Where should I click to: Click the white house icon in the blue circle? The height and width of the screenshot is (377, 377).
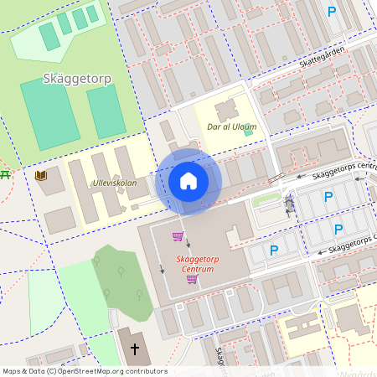click(x=188, y=180)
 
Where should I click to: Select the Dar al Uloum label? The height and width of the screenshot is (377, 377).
click(x=231, y=127)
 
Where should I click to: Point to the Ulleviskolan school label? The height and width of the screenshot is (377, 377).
click(x=115, y=182)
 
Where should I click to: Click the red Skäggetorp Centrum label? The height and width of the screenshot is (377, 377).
click(x=202, y=265)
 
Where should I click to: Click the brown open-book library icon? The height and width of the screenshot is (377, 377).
click(x=41, y=176)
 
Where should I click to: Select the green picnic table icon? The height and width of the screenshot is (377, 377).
click(x=4, y=174)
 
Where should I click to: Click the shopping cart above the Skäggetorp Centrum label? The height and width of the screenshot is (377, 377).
click(x=178, y=236)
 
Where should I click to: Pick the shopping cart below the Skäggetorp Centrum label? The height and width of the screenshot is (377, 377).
click(x=192, y=280)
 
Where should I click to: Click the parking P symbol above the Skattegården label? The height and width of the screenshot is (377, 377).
click(x=332, y=12)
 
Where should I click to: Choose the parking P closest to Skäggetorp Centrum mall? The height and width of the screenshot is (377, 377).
click(x=273, y=250)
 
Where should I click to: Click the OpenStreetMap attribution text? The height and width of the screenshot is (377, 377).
click(x=85, y=370)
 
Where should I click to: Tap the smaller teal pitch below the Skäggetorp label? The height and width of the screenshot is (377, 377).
click(x=106, y=111)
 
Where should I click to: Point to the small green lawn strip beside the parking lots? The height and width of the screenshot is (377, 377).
click(x=266, y=201)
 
